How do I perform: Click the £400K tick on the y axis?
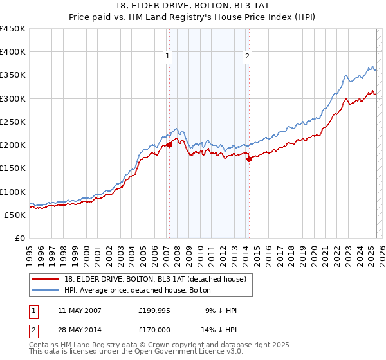pyautogui.click(x=12, y=52)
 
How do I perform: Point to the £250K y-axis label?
pyautogui.click(x=12, y=122)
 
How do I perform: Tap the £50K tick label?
pyautogui.click(x=15, y=215)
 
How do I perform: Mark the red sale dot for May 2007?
pyautogui.click(x=170, y=145)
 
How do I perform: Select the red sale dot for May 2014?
pyautogui.click(x=249, y=159)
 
